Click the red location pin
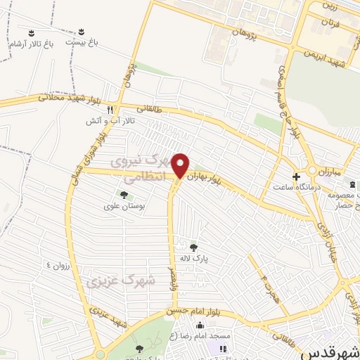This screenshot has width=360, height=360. tap(181, 165)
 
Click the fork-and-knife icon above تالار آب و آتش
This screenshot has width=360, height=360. tap(110, 110)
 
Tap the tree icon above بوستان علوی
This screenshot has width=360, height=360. tap(124, 195)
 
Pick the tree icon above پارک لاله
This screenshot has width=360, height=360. tap(194, 246)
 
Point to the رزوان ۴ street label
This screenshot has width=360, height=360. tap(59, 264)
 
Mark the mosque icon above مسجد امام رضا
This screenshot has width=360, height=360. tap(200, 326)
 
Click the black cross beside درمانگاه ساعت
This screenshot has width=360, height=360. tap(296, 176)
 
